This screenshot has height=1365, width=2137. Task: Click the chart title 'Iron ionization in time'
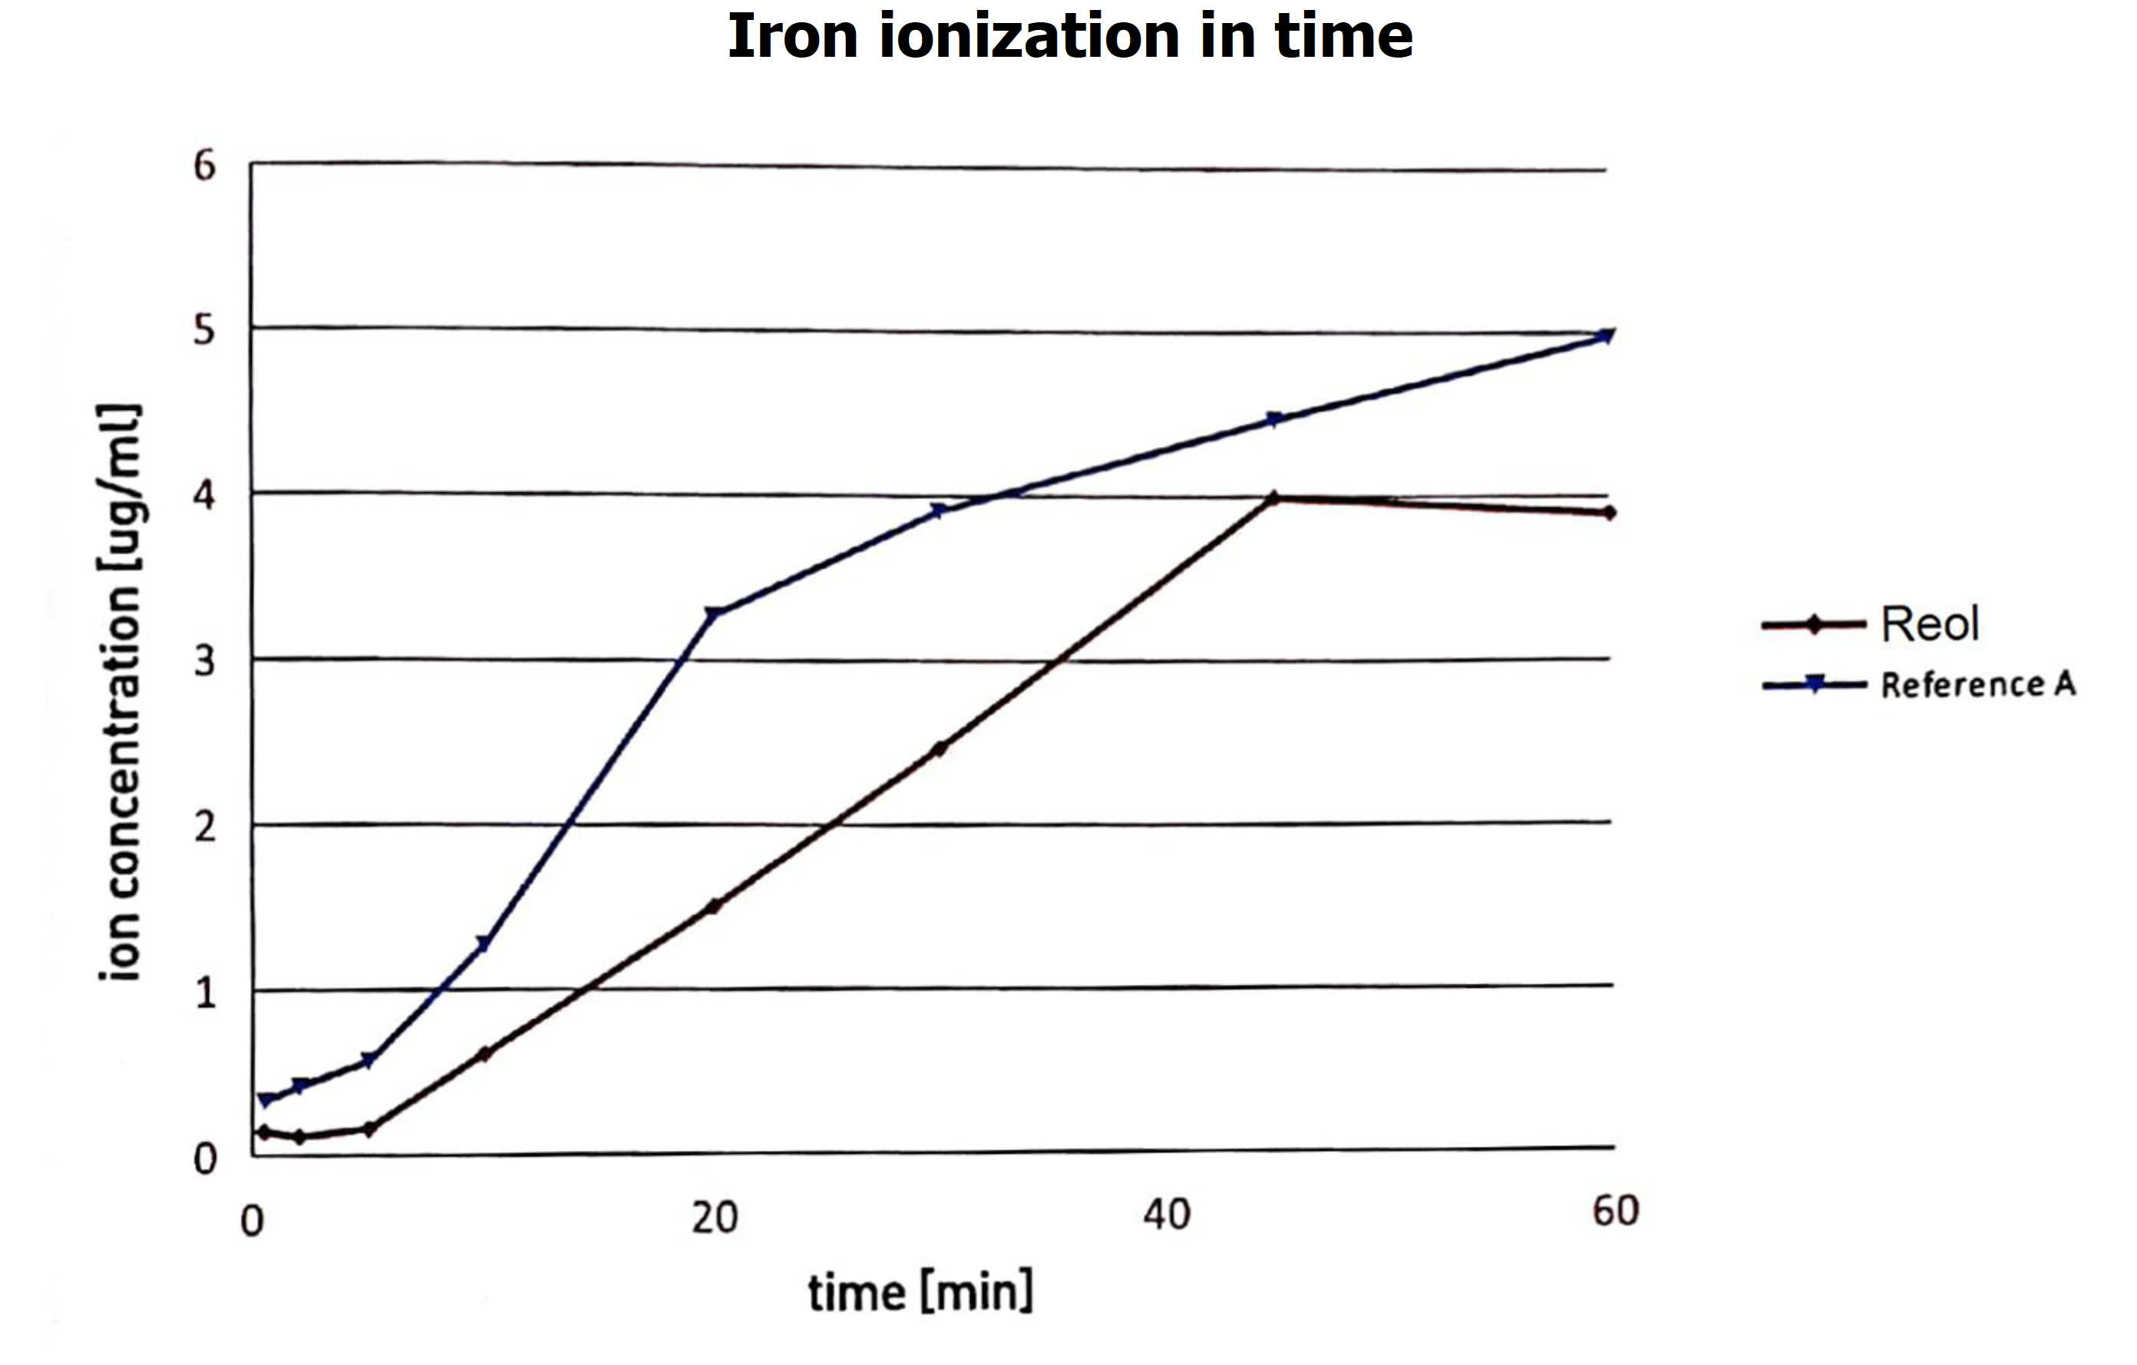click(1069, 38)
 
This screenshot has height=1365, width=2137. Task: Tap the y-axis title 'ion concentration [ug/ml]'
click(120, 692)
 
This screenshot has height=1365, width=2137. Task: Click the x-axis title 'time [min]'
click(920, 1291)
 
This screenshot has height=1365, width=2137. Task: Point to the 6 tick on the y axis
click(205, 166)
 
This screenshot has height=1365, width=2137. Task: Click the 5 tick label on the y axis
click(205, 330)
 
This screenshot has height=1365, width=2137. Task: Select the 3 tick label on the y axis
click(205, 661)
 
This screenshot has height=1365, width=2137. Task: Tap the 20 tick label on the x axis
click(715, 1218)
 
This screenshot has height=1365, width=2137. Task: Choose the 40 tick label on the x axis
click(1166, 1214)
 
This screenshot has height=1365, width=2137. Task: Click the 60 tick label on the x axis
click(1615, 1211)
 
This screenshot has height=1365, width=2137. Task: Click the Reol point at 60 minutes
click(1609, 513)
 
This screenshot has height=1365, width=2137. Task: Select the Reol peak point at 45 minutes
click(1274, 498)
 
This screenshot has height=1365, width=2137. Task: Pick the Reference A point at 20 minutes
click(712, 613)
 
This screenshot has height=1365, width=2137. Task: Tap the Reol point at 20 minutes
click(712, 906)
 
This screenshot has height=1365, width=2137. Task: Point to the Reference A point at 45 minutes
click(1274, 419)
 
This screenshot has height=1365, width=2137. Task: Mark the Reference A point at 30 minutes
click(938, 511)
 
